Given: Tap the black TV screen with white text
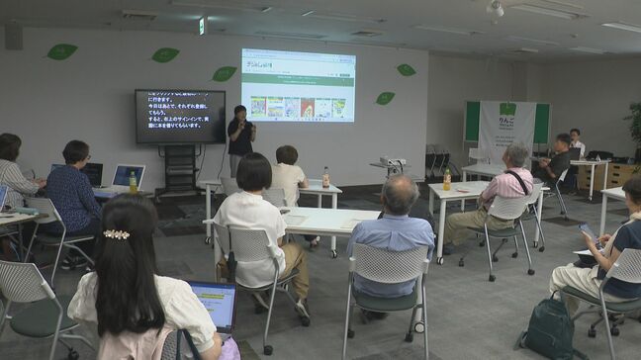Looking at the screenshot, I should pos(180,116).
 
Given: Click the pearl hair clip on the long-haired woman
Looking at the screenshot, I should pos(117,234).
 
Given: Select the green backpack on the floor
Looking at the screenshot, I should pos(549,328).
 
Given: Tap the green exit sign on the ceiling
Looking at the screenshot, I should pos(202,26).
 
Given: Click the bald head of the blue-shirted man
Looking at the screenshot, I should pos(399,193).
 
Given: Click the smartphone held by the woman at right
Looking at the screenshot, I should pos(586,229).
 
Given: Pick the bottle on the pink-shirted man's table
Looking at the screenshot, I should pos(447,179).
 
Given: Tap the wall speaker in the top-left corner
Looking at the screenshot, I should pos(14,37).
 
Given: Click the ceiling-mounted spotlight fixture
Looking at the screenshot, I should pos(495,10).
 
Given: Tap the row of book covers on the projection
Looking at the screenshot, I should pos(298,107).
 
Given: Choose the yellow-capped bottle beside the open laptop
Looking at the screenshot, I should pos(133,183).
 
